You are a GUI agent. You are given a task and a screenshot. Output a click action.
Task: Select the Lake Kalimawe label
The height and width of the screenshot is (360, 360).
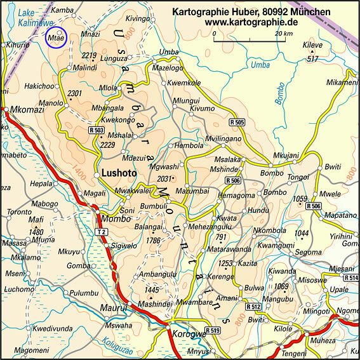(x=35, y=17)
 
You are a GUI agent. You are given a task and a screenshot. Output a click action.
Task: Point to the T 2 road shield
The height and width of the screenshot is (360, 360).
(x=101, y=232)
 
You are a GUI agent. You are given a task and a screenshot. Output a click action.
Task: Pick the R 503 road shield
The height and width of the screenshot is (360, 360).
(x=97, y=130)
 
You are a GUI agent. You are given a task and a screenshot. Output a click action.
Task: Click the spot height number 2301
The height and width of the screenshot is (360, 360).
(x=75, y=93)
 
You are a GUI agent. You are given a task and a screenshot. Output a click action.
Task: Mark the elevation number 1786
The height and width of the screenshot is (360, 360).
(x=152, y=241)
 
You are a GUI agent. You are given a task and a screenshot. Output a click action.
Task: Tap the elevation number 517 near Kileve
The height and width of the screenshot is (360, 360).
(x=312, y=59)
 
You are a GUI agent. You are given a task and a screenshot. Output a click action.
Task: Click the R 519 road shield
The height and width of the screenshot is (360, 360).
(x=211, y=330)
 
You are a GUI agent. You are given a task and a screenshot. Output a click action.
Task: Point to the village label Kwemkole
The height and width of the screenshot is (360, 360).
(x=185, y=83)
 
